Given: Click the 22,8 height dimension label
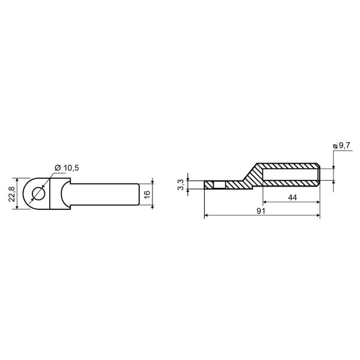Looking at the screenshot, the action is pyautogui.click(x=11, y=194).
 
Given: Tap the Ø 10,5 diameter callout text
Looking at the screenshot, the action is pyautogui.click(x=67, y=168).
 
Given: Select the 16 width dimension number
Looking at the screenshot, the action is pyautogui.click(x=147, y=194).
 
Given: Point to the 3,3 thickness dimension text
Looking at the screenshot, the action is pyautogui.click(x=181, y=185).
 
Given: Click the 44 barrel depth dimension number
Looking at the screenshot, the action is pyautogui.click(x=292, y=197).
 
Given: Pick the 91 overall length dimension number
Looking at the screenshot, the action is pyautogui.click(x=261, y=211).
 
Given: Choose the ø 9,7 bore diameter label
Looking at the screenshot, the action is pyautogui.click(x=341, y=145).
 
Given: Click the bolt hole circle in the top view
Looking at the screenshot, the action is pyautogui.click(x=38, y=194).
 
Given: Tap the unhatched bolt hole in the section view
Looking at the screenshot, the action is pyautogui.click(x=220, y=185).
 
